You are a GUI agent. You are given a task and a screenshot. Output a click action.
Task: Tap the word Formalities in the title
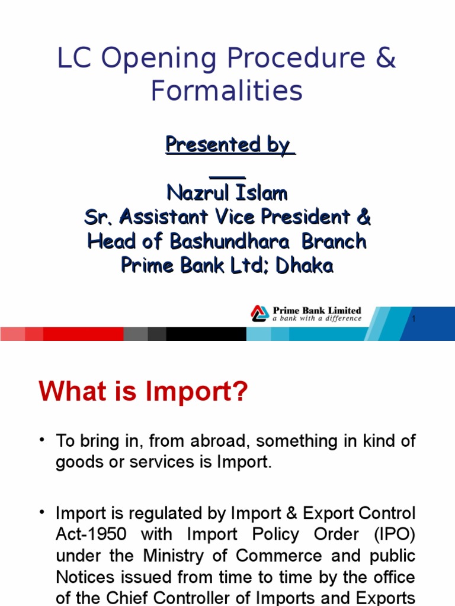226,91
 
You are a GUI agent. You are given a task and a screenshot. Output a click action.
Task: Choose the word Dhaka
305,266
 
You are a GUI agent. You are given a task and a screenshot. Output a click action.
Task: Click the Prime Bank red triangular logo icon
259,313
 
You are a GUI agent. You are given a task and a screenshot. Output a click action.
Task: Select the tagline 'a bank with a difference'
317,318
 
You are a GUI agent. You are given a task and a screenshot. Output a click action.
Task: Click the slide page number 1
414,320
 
